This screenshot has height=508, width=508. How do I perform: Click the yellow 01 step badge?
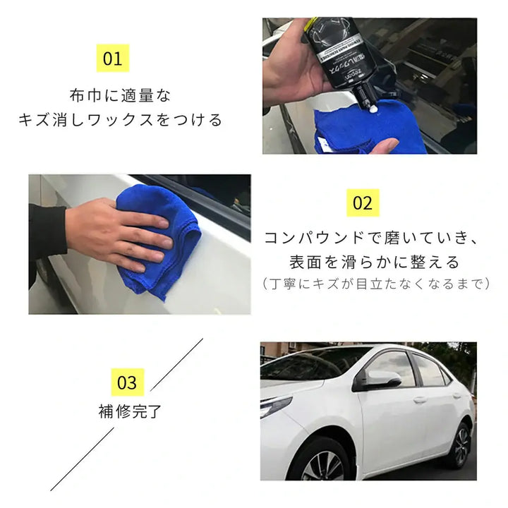[x=112, y=59]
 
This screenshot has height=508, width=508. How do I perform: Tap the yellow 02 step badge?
[x=362, y=203]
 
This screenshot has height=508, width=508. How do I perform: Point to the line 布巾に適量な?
[x=120, y=95]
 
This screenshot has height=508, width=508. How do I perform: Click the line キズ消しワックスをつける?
[x=120, y=119]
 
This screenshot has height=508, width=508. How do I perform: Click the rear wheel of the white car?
[x=461, y=445]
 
